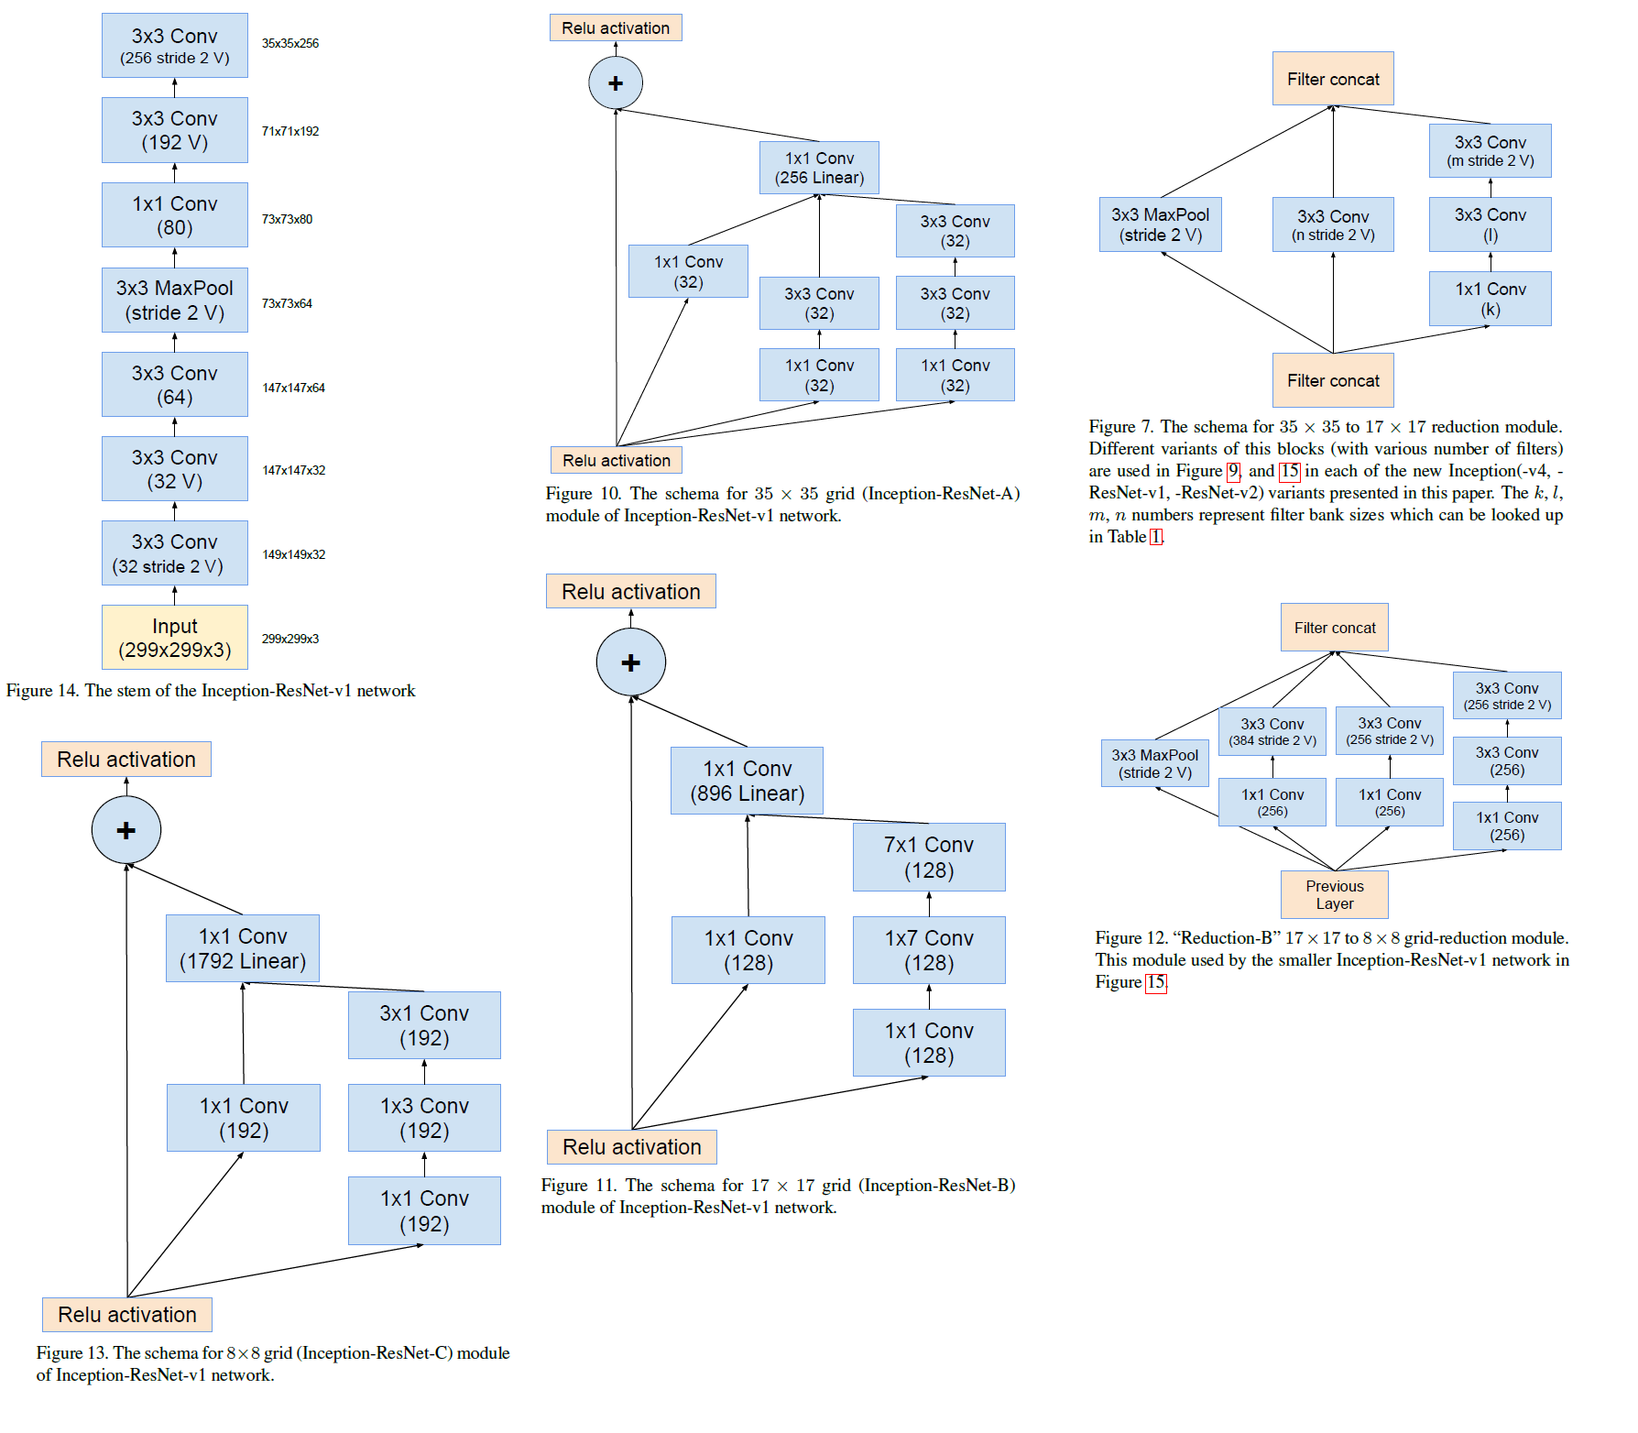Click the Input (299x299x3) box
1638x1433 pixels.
pos(174,638)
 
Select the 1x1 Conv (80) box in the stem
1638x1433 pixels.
pos(174,215)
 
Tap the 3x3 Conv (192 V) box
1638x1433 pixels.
pos(174,130)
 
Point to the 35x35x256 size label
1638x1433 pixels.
pos(290,43)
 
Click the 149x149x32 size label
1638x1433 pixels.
pos(293,554)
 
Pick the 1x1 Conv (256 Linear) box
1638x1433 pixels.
pos(819,168)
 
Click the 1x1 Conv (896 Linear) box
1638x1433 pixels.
pos(747,781)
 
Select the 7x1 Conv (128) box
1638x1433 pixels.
pos(929,857)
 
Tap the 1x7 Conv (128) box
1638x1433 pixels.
pos(929,950)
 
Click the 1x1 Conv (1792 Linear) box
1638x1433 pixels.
pos(243,948)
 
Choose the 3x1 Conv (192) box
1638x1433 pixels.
pos(424,1025)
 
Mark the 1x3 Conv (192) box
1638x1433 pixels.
pos(424,1118)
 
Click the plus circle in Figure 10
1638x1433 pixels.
pos(616,83)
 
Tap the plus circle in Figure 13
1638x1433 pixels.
pos(126,830)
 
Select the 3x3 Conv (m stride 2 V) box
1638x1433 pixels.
pos(1490,151)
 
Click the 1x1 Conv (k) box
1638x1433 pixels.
pos(1490,299)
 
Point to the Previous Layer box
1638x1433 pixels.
pos(1334,894)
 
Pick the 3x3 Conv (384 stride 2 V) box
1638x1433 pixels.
pos(1272,731)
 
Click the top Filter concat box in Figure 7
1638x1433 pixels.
pos(1333,79)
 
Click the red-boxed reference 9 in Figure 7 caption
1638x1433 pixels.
pos(1233,471)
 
